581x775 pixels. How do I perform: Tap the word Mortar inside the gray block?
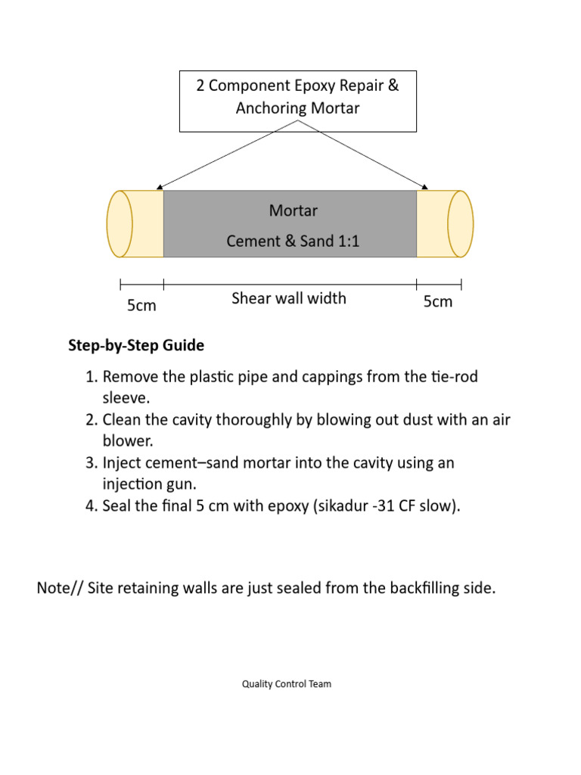pos(293,210)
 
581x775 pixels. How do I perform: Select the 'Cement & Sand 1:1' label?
pos(293,242)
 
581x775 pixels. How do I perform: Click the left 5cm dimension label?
pos(141,305)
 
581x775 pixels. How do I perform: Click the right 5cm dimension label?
pos(437,302)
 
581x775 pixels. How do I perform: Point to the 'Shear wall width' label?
pos(288,298)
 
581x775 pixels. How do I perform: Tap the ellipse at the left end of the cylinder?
pos(120,224)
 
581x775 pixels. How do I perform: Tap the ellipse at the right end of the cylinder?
pos(461,224)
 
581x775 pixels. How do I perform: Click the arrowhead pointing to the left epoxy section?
pos(157,188)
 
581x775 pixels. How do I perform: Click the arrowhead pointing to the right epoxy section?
pos(426,187)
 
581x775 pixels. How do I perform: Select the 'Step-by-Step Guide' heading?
pos(136,346)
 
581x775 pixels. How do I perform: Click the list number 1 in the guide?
pos(90,377)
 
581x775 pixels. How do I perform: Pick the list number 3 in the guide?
pos(90,462)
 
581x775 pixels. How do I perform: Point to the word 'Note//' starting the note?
pos(60,589)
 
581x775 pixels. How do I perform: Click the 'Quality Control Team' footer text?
pos(287,684)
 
